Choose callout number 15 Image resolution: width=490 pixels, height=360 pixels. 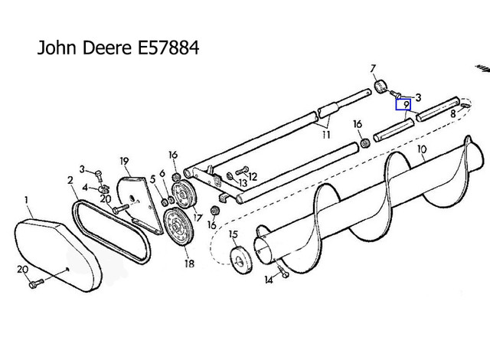point(234,234)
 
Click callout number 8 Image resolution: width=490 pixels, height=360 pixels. point(454,113)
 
